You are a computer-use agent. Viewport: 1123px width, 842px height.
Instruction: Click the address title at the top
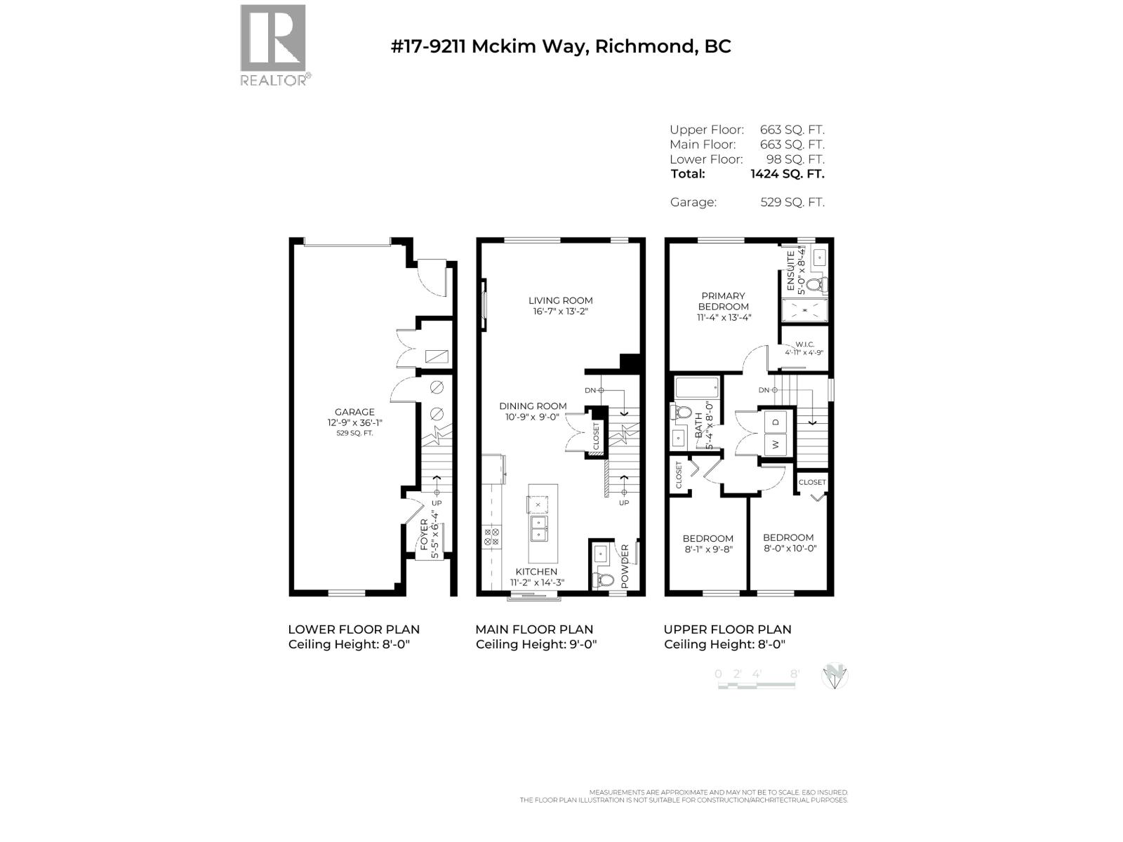(x=561, y=46)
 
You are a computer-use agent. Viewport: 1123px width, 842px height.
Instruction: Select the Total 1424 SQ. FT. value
(x=787, y=174)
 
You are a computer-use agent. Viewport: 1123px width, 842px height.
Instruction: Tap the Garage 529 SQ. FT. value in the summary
(x=792, y=202)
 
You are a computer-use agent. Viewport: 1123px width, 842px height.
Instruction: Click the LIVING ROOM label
(x=560, y=300)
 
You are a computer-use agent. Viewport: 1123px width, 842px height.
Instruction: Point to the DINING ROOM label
(x=533, y=406)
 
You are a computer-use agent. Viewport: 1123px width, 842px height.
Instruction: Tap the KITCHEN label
(x=536, y=572)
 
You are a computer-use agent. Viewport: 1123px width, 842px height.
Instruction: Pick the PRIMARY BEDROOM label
(x=723, y=301)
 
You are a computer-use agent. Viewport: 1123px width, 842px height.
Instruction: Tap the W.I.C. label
(x=804, y=345)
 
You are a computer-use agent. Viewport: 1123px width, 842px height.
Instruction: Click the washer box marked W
(x=776, y=443)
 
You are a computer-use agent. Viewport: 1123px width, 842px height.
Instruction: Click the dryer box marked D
(x=776, y=422)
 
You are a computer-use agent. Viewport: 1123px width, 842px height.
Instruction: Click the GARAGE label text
(x=354, y=412)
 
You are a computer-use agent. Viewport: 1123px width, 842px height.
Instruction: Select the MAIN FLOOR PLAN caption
(x=534, y=629)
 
